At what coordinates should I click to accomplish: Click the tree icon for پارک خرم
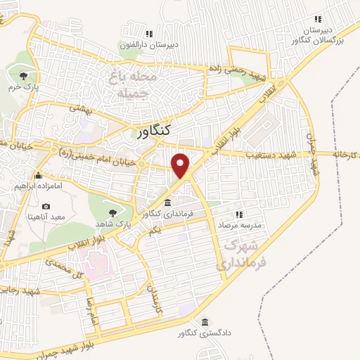click(24, 75)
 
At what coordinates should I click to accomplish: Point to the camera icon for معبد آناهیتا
click(46, 206)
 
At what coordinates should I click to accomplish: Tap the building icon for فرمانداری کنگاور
click(166, 202)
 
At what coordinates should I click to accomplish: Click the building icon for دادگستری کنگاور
click(205, 322)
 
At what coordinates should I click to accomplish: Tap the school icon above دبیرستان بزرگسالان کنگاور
click(318, 19)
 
